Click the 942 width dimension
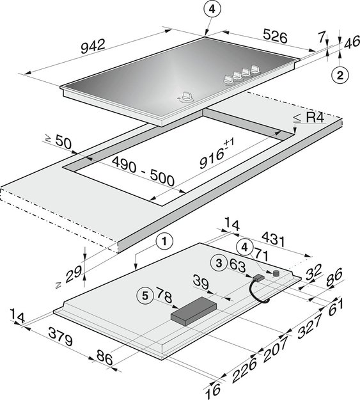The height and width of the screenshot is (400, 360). click(x=93, y=45)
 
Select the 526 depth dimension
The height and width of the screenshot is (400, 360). click(x=275, y=36)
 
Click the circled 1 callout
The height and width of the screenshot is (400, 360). click(x=164, y=241)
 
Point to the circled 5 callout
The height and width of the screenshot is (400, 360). click(x=145, y=296)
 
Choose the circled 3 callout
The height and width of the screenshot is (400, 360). click(x=219, y=263)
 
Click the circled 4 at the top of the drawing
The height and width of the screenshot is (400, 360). click(x=212, y=10)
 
